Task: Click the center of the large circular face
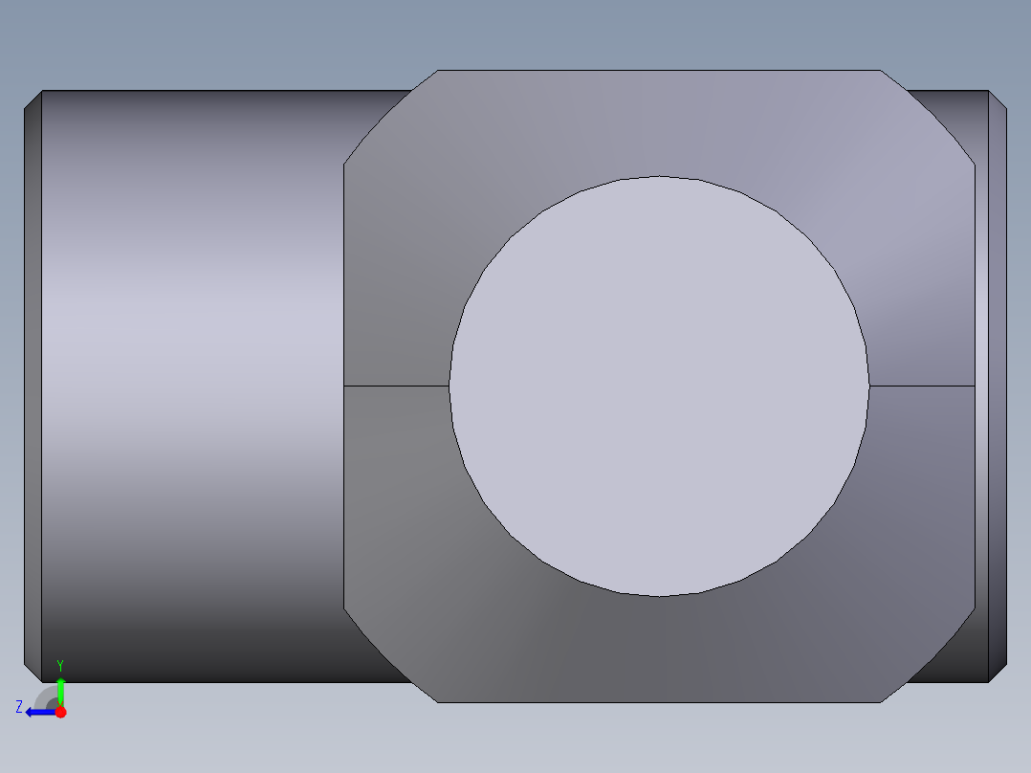pos(659,386)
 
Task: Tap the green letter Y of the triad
pos(60,664)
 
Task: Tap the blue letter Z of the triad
pos(19,706)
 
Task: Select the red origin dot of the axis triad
pos(60,712)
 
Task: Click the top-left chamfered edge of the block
pos(389,117)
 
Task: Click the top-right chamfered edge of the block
pos(929,117)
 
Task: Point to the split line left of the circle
pos(396,386)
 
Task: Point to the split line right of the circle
pos(922,386)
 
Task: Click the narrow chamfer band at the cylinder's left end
pos(33,386)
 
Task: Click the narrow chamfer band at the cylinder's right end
pos(998,386)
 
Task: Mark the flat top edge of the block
pos(659,70)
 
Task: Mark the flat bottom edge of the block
pos(659,702)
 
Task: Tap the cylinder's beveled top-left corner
pos(33,99)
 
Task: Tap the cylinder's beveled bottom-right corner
pos(998,674)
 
